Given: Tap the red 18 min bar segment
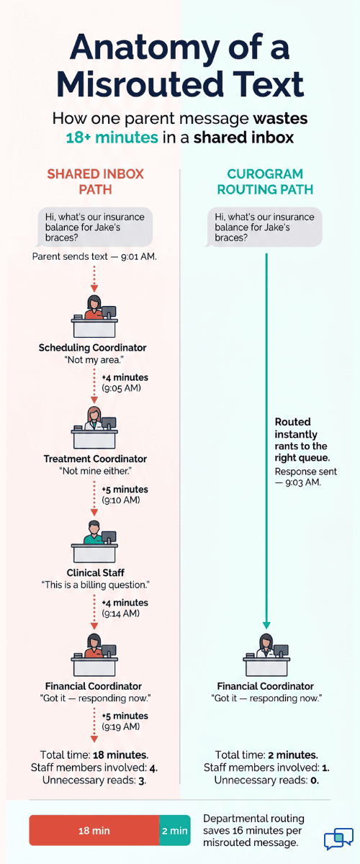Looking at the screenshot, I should point(94,830).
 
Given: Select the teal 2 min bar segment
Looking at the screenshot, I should point(174,830).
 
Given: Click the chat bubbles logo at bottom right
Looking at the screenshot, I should point(338,840).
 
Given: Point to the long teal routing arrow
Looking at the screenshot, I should point(266,432).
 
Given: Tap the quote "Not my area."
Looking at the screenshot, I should point(93,360).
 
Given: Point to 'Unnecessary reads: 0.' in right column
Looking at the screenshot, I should point(266,780).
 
